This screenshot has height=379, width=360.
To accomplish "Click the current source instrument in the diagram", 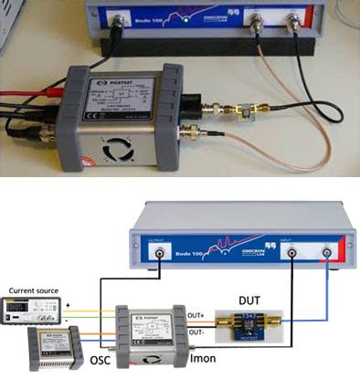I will (x=33, y=310).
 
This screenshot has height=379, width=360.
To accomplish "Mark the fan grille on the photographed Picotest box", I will (x=120, y=153).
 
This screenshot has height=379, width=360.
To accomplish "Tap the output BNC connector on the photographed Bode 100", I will (x=117, y=18).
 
